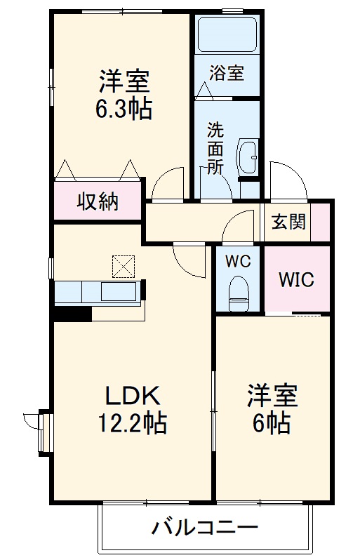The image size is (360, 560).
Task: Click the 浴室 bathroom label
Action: (x=226, y=72)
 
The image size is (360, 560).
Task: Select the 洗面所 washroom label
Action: (x=215, y=148)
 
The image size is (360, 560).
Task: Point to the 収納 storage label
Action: (x=98, y=203)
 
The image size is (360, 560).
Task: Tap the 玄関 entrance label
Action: (x=288, y=222)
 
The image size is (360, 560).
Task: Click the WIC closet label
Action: (x=295, y=279)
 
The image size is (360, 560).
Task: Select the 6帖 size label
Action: (x=271, y=424)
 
